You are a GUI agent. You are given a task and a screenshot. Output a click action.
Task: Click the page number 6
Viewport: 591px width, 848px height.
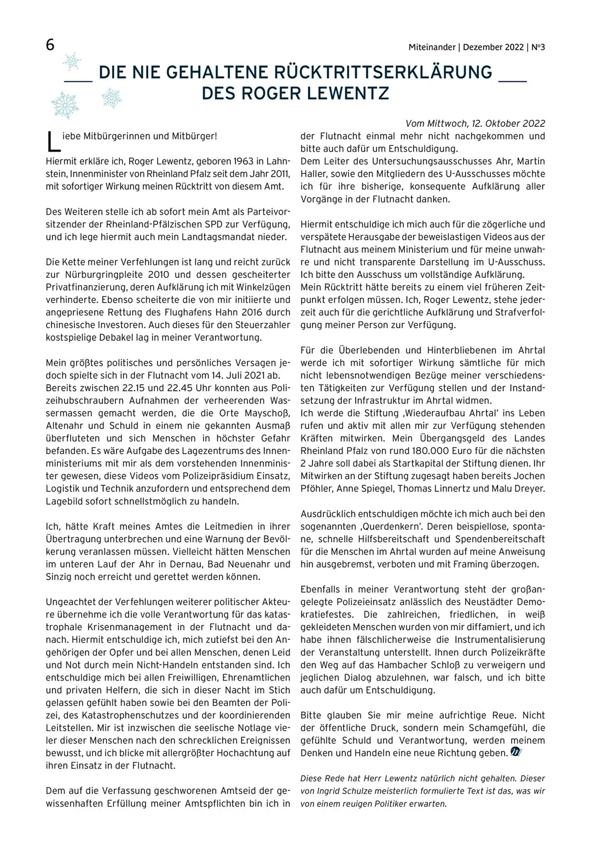(50, 45)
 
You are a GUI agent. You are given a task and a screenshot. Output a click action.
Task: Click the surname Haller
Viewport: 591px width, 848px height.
(315, 174)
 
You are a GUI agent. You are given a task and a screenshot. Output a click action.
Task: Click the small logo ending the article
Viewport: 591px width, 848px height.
(515, 753)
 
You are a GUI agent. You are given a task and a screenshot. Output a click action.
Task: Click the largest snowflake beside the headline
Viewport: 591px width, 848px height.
(65, 106)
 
